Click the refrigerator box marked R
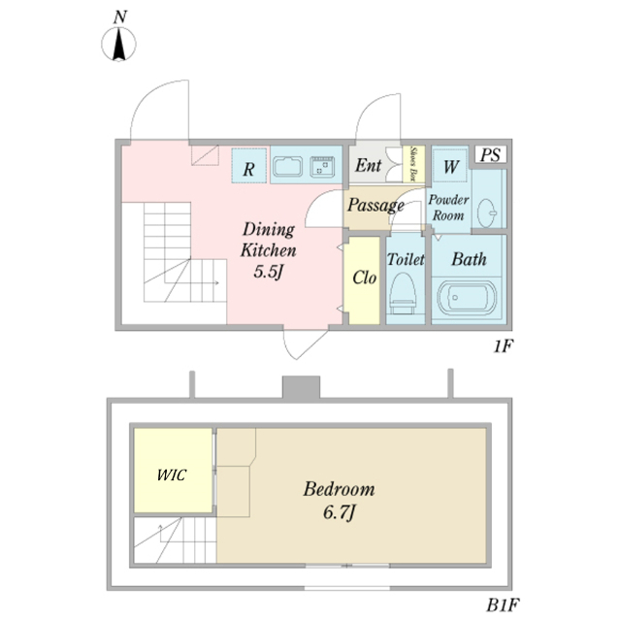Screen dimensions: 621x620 tap(249, 167)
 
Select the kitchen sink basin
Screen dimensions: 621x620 tap(288, 167)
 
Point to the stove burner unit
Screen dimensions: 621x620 tap(322, 167)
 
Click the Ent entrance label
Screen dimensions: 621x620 tap(367, 165)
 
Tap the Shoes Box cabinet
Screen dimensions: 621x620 tap(415, 164)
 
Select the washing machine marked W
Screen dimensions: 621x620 tap(450, 166)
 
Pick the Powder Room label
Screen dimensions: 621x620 tap(448, 207)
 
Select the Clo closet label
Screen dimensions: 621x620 tap(364, 278)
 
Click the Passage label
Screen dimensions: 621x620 tap(375, 206)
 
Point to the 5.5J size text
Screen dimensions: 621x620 tap(267, 272)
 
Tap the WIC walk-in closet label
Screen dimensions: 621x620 tap(172, 475)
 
